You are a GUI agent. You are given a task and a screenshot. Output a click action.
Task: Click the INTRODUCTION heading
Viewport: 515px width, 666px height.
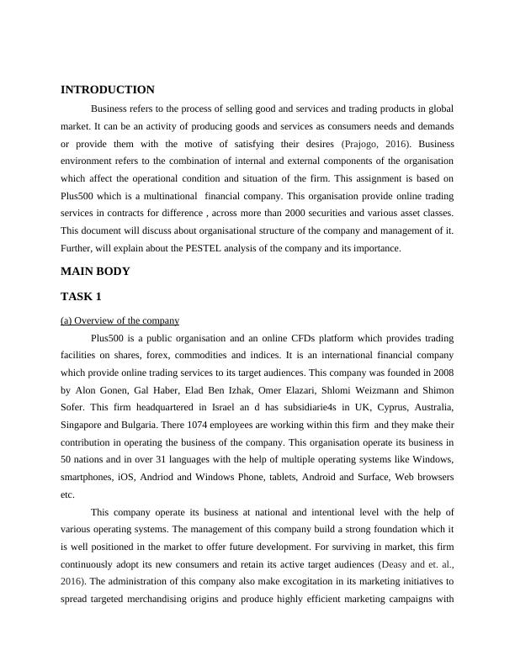tap(108, 90)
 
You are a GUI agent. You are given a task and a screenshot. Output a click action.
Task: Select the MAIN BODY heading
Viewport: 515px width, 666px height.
tap(95, 272)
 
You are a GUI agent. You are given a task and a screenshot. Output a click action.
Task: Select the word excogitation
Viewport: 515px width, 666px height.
tap(287, 583)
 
